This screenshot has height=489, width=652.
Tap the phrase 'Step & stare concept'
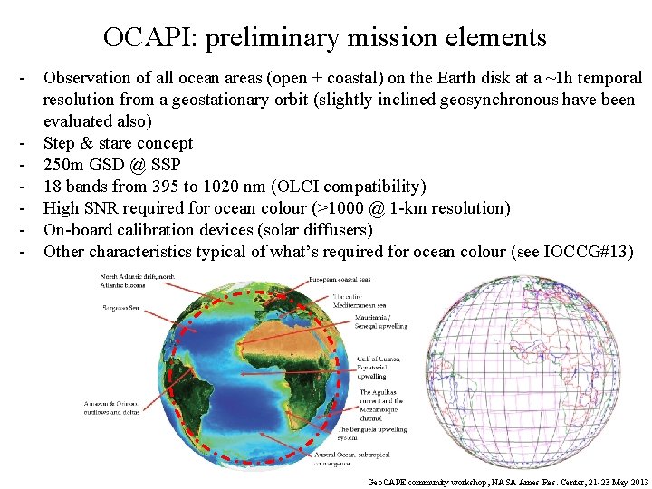click(118, 143)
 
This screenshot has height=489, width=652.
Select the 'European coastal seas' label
click(353, 280)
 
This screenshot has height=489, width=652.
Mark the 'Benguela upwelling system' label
click(371, 434)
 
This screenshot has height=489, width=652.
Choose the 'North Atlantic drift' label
click(136, 282)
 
